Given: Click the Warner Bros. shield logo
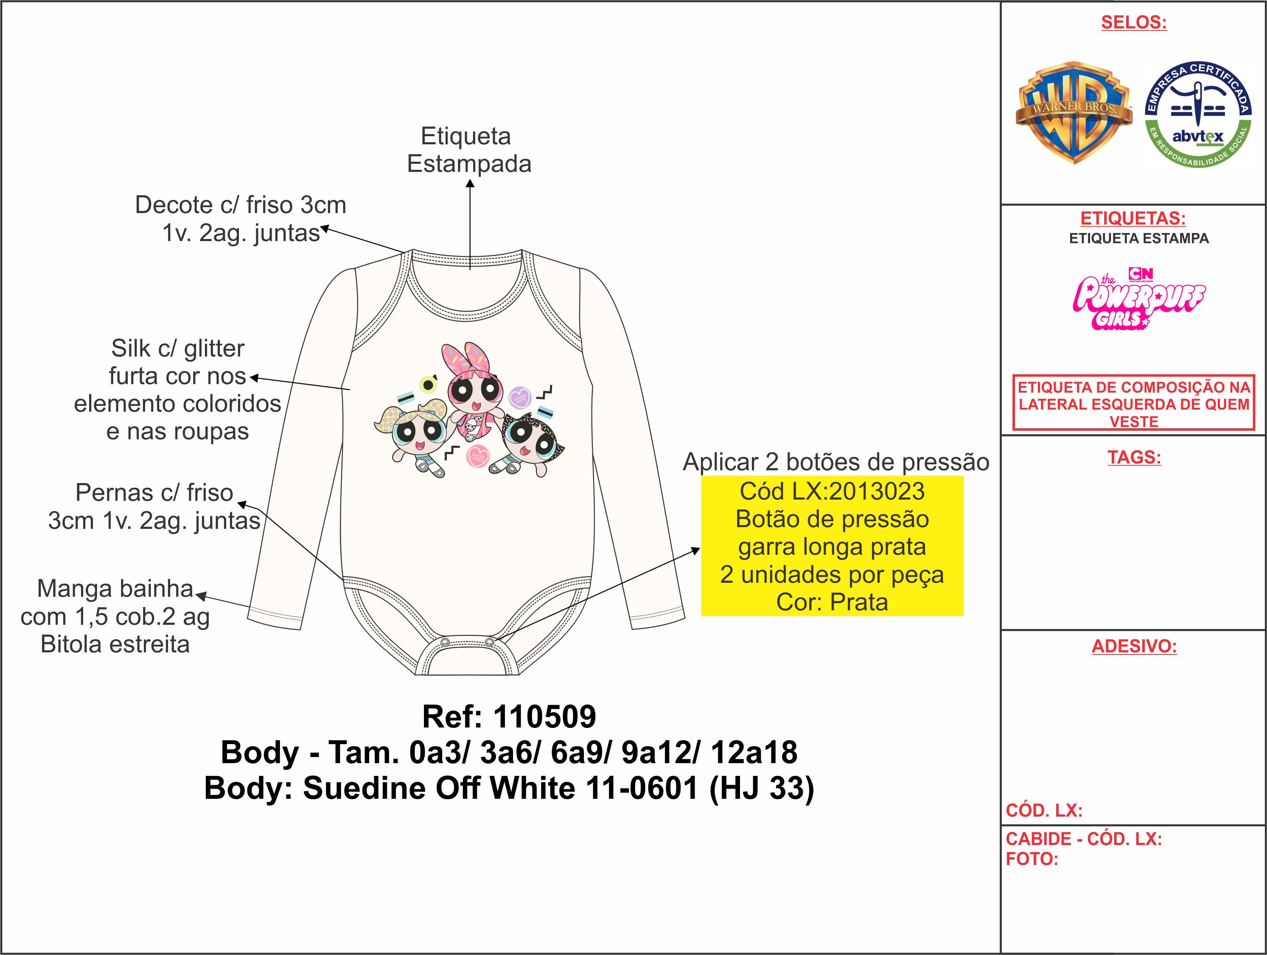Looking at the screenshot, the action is tap(1074, 113).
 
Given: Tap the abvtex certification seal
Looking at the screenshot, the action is tap(1198, 115).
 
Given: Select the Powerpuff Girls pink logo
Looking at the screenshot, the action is tap(1139, 298).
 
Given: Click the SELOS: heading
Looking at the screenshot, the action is tap(1133, 22).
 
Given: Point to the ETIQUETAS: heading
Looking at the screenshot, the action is tap(1133, 218).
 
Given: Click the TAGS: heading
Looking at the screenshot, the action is tap(1134, 457).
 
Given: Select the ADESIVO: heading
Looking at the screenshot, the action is tap(1134, 646).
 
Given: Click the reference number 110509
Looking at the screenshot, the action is tap(545, 717).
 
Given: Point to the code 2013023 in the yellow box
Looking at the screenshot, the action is tap(877, 492).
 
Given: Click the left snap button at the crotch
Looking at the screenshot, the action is tap(445, 643).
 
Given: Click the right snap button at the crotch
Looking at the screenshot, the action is tap(489, 642).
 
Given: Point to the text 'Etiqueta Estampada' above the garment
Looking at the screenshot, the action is tap(469, 150).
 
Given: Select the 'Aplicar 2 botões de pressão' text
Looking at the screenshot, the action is tap(836, 462).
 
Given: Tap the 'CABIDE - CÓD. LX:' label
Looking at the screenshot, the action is tap(1084, 839).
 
